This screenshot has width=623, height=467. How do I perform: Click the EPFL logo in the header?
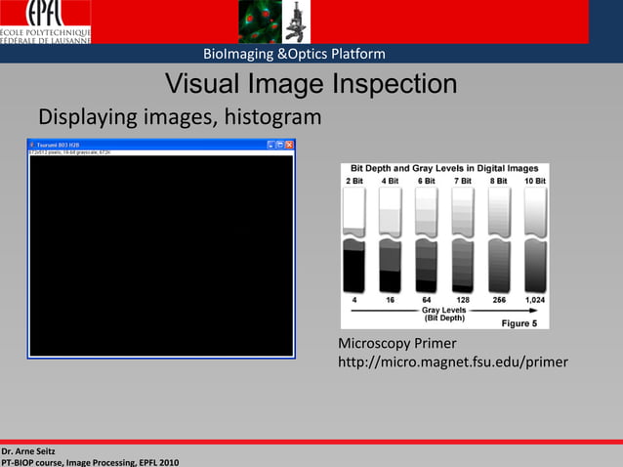46,21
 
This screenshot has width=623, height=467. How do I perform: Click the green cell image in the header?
258,21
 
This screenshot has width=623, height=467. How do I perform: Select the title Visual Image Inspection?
311,84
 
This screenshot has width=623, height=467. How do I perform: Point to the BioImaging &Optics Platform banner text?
294,54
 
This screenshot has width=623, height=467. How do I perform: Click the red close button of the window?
290,145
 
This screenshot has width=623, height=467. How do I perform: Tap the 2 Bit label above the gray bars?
353,181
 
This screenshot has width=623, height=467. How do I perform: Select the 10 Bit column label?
534,181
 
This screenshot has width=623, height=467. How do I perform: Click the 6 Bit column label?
426,181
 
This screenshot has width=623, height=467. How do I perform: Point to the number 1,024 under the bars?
534,300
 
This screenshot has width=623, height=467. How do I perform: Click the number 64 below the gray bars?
426,300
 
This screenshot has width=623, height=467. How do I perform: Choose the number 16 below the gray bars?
390,300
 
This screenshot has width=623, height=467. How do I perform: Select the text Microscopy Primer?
390,344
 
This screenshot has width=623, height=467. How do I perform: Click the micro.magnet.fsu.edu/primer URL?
452,363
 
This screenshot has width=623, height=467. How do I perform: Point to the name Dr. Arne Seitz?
28,450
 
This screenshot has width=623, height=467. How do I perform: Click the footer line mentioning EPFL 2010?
90,461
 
